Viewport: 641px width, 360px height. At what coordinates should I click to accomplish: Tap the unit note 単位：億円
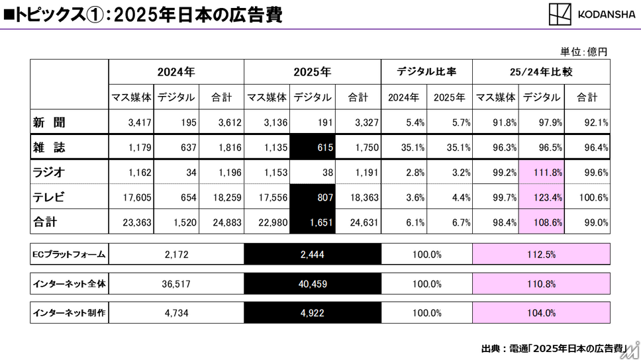[x=583, y=51]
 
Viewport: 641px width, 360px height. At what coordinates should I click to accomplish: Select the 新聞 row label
[x=50, y=122]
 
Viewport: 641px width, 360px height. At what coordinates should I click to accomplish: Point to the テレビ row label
[x=50, y=197]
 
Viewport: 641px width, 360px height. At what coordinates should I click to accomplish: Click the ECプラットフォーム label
[x=69, y=253]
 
